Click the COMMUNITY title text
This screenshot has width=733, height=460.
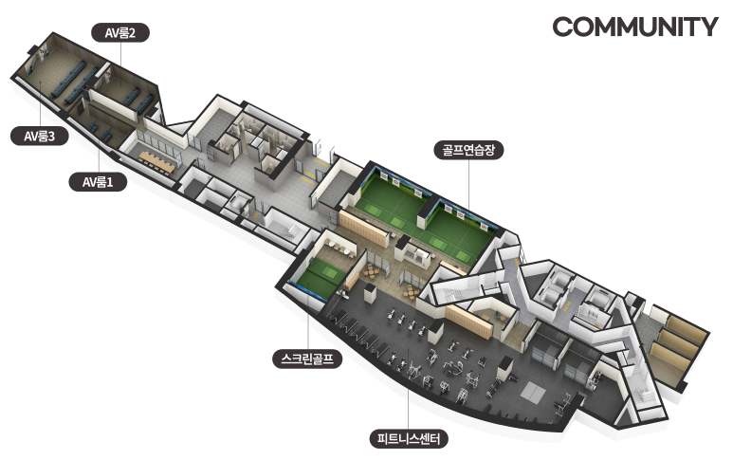coord(634,27)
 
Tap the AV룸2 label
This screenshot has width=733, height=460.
coord(120,32)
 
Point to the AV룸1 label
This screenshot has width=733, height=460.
coord(98,180)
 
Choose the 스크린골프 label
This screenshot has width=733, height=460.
coord(306,359)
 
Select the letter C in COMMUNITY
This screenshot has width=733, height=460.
coord(563,27)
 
